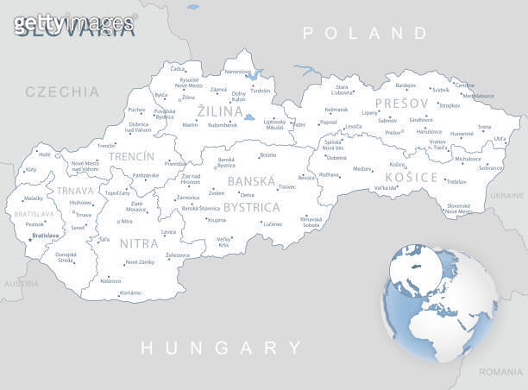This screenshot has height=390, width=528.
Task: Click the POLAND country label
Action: point(364,34)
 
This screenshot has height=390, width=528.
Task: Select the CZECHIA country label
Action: point(62,91)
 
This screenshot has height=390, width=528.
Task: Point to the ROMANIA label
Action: point(502,373)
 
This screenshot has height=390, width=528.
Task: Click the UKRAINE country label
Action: point(506,196)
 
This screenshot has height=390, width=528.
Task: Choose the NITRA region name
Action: point(139,243)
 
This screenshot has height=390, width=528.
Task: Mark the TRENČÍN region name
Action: point(131,157)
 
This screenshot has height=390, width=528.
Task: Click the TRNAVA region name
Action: point(75,191)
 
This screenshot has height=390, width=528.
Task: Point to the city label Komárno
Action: point(129,293)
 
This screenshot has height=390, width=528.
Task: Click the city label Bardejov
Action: point(405,85)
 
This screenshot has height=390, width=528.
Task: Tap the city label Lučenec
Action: point(273,224)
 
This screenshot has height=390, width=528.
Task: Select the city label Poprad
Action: point(328,123)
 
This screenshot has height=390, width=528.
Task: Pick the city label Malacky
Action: point(34,198)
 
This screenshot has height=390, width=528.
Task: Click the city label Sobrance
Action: point(490,167)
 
